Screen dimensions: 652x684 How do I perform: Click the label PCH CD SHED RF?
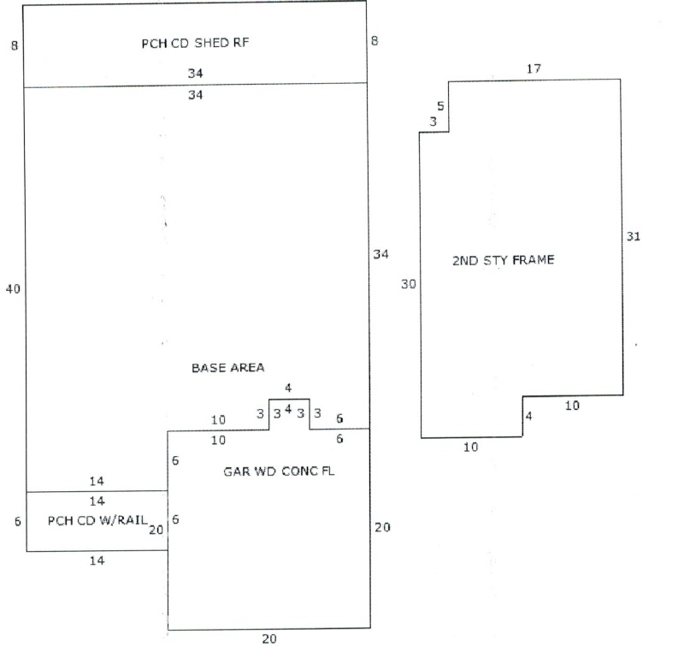196,44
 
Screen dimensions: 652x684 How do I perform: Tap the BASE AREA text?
227,367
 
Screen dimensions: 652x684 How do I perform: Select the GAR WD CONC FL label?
279,471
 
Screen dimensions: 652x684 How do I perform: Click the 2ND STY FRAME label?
503,259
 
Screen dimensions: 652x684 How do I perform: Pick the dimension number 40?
13,289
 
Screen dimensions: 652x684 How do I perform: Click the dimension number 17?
534,68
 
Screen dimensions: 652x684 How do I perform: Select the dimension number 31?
633,236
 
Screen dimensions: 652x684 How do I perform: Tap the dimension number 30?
408,284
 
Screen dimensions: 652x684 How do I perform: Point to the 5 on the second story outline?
440,107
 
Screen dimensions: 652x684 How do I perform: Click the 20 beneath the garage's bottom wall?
269,638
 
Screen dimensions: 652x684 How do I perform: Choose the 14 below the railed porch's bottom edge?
97,560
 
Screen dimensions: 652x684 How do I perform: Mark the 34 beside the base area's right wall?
381,254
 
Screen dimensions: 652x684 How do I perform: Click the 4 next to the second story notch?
528,417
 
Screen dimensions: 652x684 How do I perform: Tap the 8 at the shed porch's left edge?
15,44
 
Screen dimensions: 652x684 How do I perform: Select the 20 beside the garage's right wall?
382,527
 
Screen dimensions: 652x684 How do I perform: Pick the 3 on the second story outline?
433,123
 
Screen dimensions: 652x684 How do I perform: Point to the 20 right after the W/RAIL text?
156,530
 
